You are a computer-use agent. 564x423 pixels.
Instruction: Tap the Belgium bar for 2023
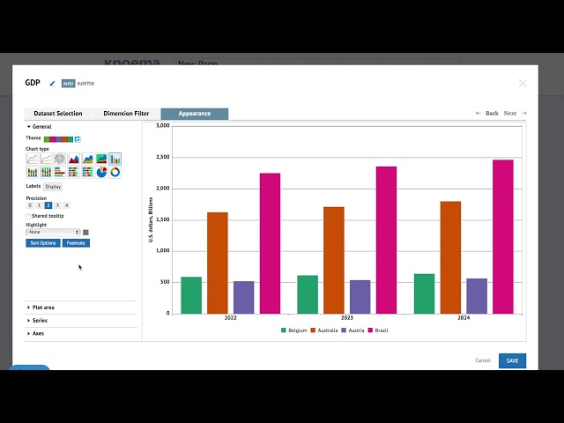[x=308, y=294]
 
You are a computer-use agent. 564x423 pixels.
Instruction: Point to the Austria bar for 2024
[x=477, y=296]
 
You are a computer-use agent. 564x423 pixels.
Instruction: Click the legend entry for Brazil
[x=378, y=330]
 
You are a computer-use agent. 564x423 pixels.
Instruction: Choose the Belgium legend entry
[x=295, y=330]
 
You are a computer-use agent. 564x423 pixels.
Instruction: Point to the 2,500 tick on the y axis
[x=162, y=157]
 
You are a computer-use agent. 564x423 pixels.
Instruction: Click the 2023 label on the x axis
[x=347, y=317]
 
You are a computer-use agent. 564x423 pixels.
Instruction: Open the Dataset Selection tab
[x=58, y=114]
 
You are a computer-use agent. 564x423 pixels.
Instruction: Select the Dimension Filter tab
[x=126, y=114]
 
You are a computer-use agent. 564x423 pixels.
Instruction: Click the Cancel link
[x=483, y=360]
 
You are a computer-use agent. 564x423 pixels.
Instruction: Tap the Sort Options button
[x=43, y=243]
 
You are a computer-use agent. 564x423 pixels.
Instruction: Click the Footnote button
[x=76, y=243]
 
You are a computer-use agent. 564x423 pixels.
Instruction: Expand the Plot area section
[x=43, y=308]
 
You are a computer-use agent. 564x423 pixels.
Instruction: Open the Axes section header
[x=38, y=334]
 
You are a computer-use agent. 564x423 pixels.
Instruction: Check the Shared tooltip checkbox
[x=28, y=216]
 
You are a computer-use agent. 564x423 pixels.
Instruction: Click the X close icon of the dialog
[x=523, y=84]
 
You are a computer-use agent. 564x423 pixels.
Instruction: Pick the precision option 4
[x=66, y=205]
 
